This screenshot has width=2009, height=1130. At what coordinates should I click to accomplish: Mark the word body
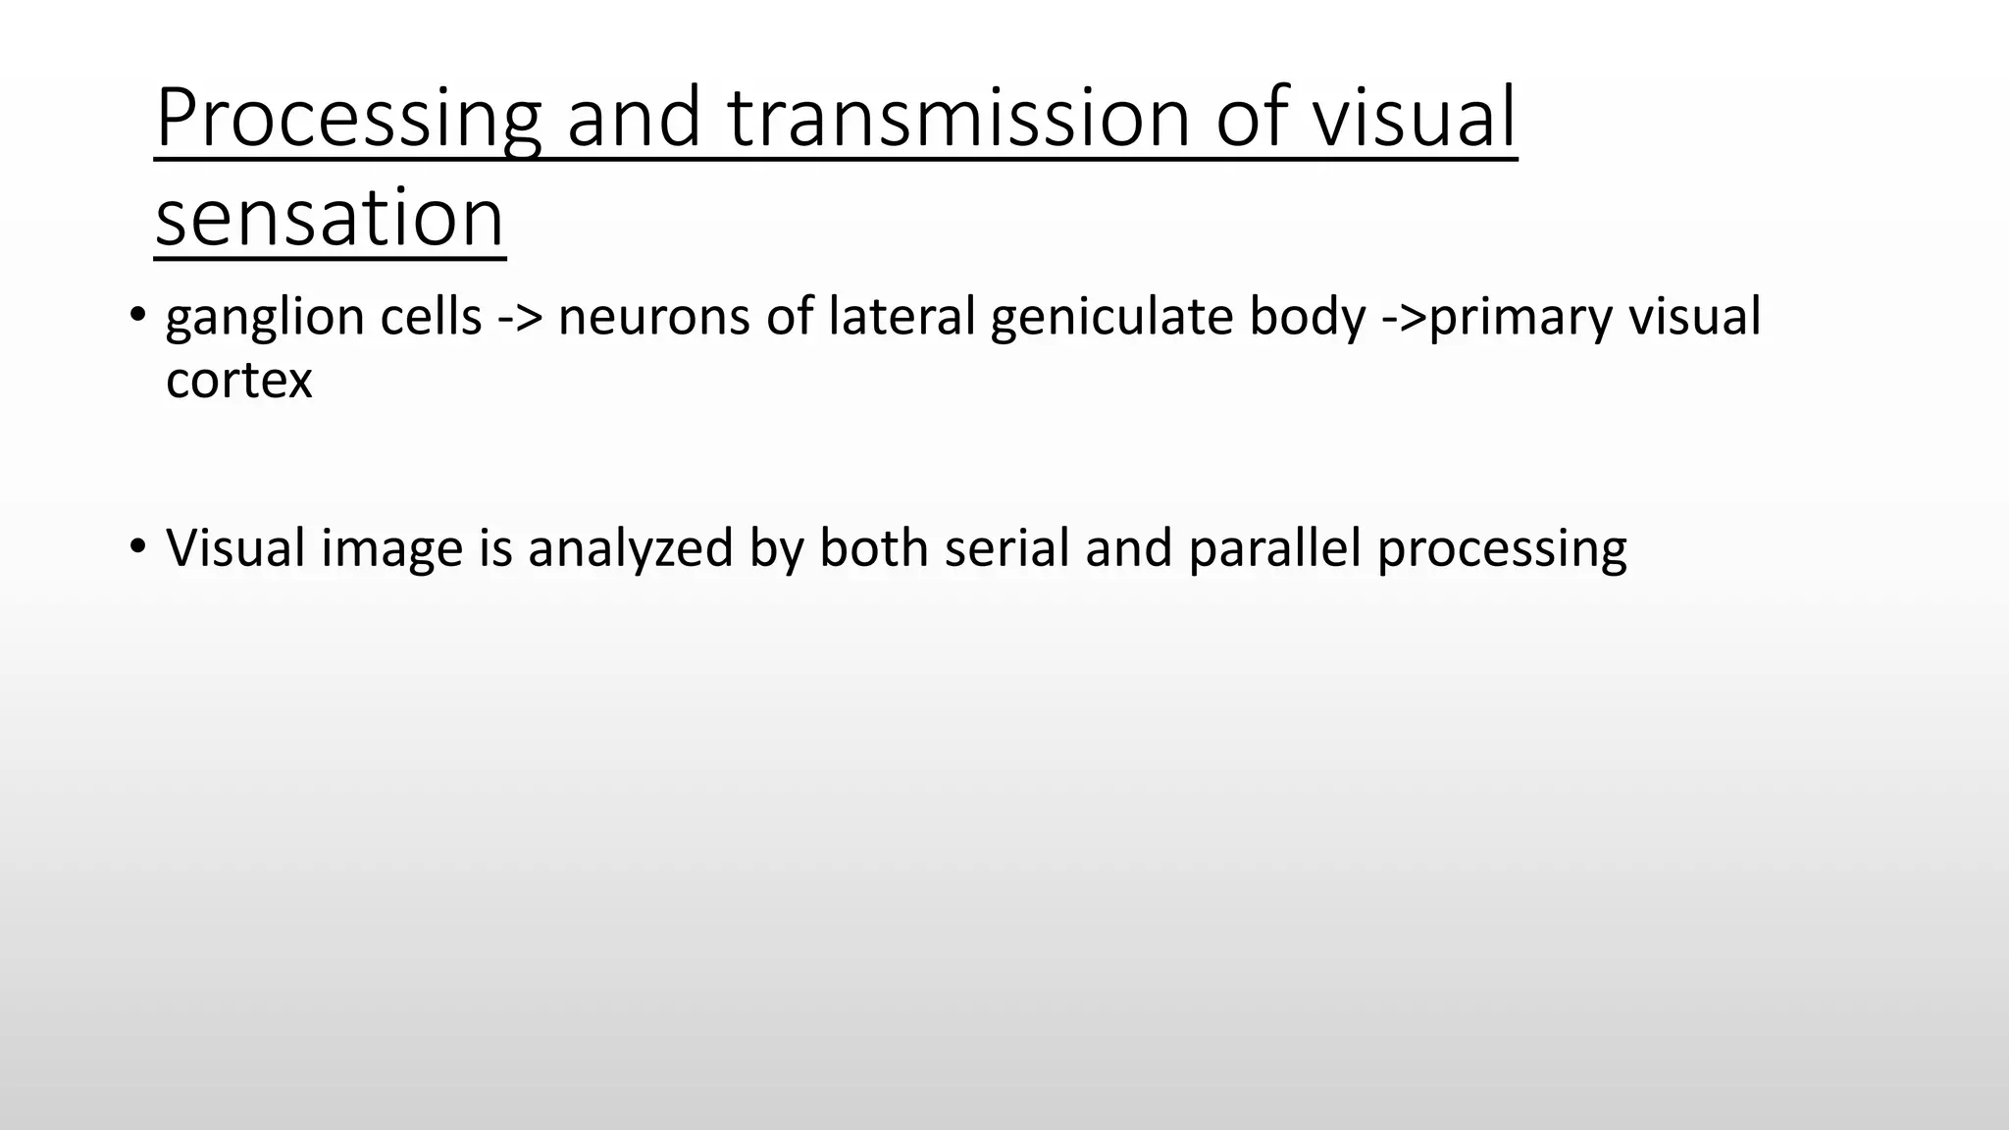pos(1307,318)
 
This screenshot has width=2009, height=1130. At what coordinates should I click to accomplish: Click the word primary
pos(1520,318)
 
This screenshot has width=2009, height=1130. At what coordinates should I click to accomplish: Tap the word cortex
pos(238,381)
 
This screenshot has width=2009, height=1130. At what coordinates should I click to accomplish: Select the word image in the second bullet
pos(391,548)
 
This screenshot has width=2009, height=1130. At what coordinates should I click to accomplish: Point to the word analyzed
pos(631,548)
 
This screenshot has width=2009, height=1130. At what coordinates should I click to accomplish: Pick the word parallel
pos(1274,548)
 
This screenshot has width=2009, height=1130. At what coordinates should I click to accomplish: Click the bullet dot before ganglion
pos(137,316)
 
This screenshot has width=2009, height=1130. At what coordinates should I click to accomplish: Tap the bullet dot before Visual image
pos(137,546)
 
